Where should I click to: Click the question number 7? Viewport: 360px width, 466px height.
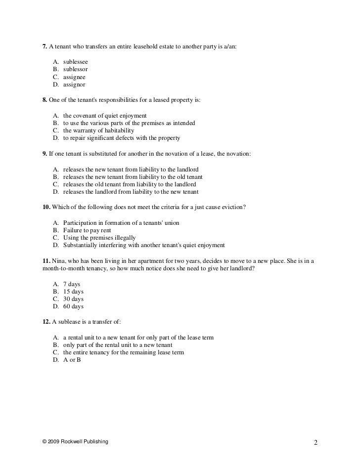pos(45,47)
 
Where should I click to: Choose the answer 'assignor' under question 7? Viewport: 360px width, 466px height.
pos(74,85)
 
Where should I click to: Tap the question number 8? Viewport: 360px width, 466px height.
pos(45,100)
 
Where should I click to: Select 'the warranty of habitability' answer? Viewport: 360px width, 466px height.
pos(98,130)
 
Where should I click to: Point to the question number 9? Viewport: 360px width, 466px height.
pos(45,154)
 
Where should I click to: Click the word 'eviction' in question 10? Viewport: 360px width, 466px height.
pos(233,207)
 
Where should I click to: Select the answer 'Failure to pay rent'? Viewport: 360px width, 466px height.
pos(87,230)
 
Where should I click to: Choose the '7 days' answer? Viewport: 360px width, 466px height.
pos(71,284)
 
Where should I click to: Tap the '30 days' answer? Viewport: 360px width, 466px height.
pos(73,299)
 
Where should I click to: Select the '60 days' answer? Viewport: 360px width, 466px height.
pos(73,306)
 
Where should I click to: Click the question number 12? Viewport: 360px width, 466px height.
pos(46,322)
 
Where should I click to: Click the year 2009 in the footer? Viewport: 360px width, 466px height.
pos(54,441)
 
